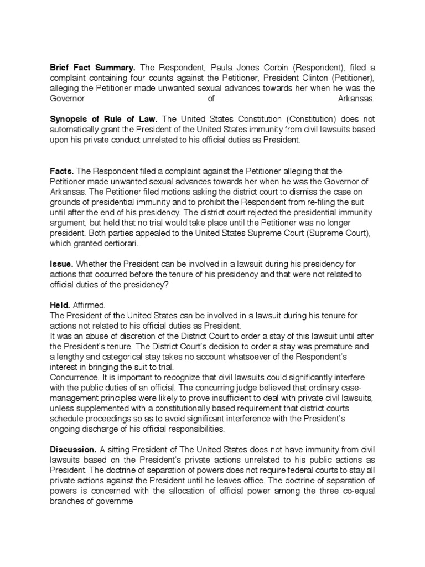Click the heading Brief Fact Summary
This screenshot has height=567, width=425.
click(x=92, y=68)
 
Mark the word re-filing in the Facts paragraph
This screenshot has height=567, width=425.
click(x=324, y=203)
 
